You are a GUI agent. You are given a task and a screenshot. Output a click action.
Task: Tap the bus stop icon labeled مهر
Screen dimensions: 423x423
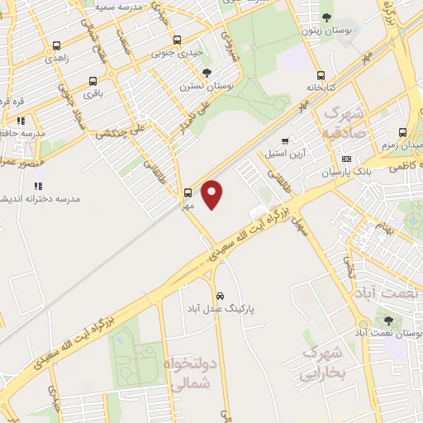(x=188, y=193)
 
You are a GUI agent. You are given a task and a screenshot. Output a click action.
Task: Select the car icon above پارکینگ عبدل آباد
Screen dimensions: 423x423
(x=220, y=296)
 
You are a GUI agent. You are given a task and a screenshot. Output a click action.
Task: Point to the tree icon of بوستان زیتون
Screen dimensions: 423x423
(x=326, y=17)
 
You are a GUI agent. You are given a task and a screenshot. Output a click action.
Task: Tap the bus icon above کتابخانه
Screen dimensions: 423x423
(x=319, y=73)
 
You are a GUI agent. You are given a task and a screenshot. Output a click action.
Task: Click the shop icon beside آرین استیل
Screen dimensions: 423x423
(x=285, y=141)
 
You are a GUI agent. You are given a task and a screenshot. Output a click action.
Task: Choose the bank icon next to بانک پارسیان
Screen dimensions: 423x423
(x=345, y=159)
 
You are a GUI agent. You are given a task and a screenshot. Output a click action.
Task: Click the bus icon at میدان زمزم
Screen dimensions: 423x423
(x=402, y=132)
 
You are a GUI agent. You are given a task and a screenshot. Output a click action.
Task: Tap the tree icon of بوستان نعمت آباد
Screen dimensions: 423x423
(x=387, y=321)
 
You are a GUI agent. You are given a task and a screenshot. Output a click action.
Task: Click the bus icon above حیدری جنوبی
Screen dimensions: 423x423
(x=177, y=40)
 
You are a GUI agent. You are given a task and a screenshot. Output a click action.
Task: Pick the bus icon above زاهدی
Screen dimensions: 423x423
(x=56, y=46)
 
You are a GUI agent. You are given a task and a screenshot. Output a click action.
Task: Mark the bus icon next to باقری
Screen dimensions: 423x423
(x=92, y=82)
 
